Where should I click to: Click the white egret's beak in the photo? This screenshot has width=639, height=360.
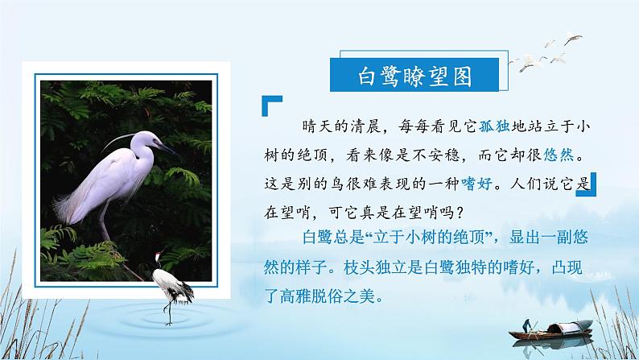[169, 149]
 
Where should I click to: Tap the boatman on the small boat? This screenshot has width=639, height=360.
[524, 325]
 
